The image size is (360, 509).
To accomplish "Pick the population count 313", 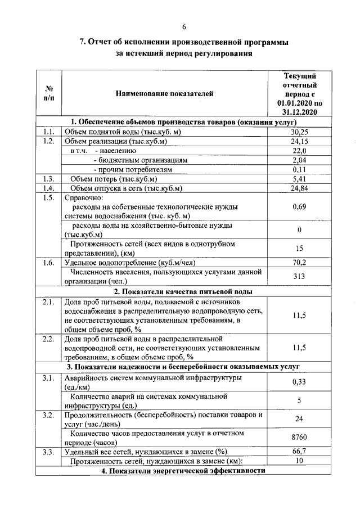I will click(299, 276).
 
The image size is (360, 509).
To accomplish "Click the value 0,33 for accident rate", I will click(299, 382).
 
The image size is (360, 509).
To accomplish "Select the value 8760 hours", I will click(299, 436).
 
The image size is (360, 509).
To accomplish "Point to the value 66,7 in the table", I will click(299, 452).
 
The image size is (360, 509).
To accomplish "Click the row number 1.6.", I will click(48, 262).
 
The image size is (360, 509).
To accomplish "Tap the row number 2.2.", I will click(48, 339).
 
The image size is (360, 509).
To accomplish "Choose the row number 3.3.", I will click(48, 452).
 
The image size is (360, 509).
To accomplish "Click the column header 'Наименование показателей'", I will click(165, 94).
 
